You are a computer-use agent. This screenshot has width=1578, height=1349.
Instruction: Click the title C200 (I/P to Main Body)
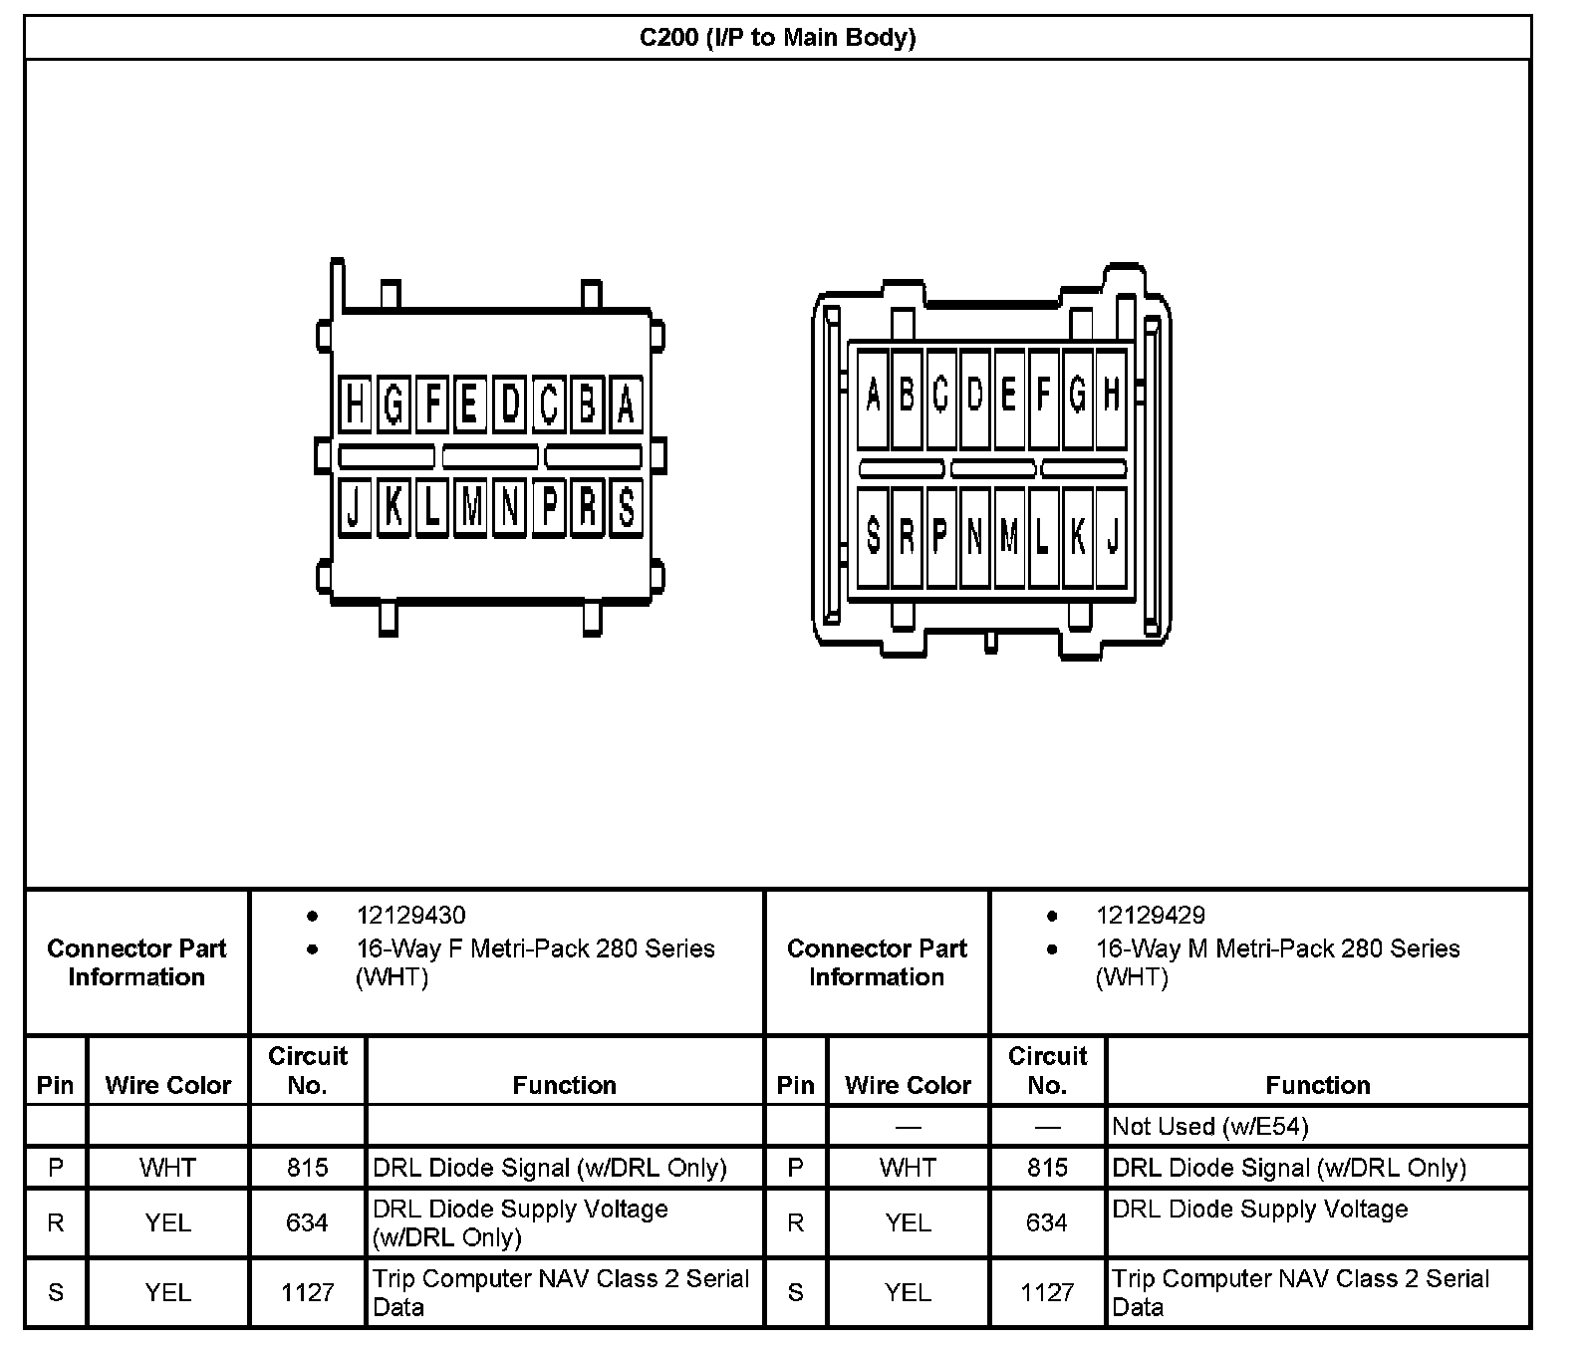click(777, 38)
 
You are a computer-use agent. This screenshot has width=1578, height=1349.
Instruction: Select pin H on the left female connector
click(355, 405)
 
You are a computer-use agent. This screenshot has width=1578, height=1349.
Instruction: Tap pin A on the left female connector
click(626, 405)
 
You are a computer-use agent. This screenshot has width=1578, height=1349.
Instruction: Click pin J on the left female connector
click(354, 507)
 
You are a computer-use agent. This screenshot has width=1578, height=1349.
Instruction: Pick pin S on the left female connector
click(626, 507)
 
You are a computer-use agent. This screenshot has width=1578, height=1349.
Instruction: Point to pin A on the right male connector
click(873, 396)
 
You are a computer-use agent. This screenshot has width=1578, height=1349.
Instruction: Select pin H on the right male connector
click(1112, 396)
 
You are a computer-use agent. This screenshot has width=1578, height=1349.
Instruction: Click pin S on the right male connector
click(873, 536)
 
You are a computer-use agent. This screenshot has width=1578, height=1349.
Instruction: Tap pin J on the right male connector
click(1112, 536)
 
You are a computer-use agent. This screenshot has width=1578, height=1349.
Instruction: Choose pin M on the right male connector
click(1009, 536)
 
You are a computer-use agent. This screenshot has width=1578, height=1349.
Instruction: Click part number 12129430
click(410, 915)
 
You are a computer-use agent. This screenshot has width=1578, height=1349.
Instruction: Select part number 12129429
click(1151, 915)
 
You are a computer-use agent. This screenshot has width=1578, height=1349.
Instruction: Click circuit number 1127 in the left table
click(307, 1292)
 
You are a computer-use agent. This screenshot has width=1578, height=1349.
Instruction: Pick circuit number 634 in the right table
click(1047, 1222)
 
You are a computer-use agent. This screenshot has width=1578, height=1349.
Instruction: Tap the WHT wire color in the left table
click(167, 1167)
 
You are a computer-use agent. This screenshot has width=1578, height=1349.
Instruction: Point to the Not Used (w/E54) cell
click(1210, 1127)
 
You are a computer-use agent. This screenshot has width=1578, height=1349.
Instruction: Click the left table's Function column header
click(564, 1085)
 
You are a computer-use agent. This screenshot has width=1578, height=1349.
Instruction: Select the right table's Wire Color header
click(908, 1085)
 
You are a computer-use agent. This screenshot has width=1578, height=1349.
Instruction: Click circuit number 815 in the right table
click(1047, 1167)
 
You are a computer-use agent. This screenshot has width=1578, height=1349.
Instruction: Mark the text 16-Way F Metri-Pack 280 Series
click(536, 948)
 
